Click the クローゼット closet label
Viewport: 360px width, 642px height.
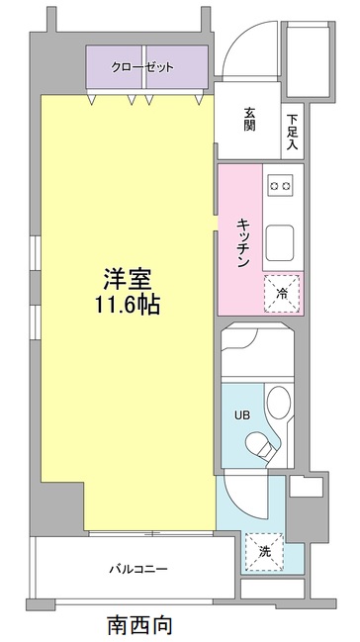click(145, 67)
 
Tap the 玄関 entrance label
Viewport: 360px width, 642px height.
click(250, 120)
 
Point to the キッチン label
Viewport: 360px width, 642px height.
click(241, 241)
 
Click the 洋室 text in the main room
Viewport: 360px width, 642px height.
click(126, 278)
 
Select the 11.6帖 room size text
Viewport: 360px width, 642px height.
click(126, 305)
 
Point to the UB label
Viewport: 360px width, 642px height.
click(240, 416)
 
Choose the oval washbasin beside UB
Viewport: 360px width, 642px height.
click(280, 406)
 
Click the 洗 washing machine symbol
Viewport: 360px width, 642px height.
click(265, 551)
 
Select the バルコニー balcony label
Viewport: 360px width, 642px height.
click(137, 569)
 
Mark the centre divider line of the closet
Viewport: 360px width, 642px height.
click(145, 68)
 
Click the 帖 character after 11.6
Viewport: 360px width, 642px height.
click(149, 305)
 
